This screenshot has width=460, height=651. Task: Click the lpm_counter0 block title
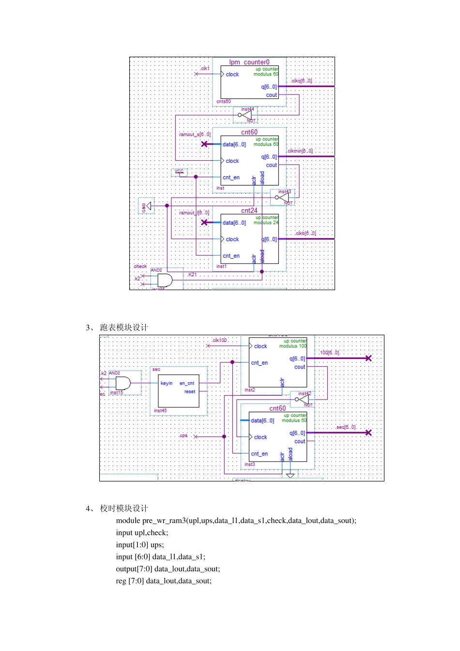249,62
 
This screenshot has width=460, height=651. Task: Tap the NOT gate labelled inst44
246,115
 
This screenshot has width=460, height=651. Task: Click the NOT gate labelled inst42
303,399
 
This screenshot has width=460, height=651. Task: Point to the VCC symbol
180,172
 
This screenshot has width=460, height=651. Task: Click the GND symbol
147,206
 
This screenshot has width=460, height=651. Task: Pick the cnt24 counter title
249,210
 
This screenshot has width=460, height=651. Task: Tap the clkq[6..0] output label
301,81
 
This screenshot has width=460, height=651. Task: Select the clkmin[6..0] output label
300,151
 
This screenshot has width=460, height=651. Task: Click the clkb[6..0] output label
305,233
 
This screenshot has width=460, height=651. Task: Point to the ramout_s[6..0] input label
195,134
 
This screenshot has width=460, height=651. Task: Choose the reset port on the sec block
190,391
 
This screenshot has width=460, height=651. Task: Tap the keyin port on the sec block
167,383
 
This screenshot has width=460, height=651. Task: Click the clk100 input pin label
219,340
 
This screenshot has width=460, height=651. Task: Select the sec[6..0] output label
346,427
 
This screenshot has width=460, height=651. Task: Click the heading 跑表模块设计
124,327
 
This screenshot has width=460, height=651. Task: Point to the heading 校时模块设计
124,508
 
